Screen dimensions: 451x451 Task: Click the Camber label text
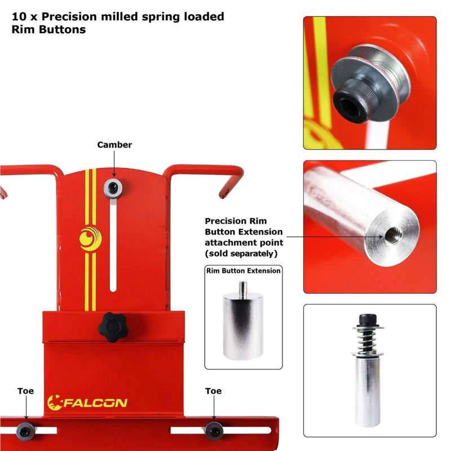point(114,145)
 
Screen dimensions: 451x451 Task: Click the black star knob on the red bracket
point(110,326)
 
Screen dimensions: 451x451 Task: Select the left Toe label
point(25,391)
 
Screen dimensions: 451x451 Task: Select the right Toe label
point(213,391)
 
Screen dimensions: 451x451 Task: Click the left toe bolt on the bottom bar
point(25,430)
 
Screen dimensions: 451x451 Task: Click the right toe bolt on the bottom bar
point(213,430)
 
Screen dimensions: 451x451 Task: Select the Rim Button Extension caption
point(243,271)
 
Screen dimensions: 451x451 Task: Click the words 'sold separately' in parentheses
point(243,253)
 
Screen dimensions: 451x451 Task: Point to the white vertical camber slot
point(114,248)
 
